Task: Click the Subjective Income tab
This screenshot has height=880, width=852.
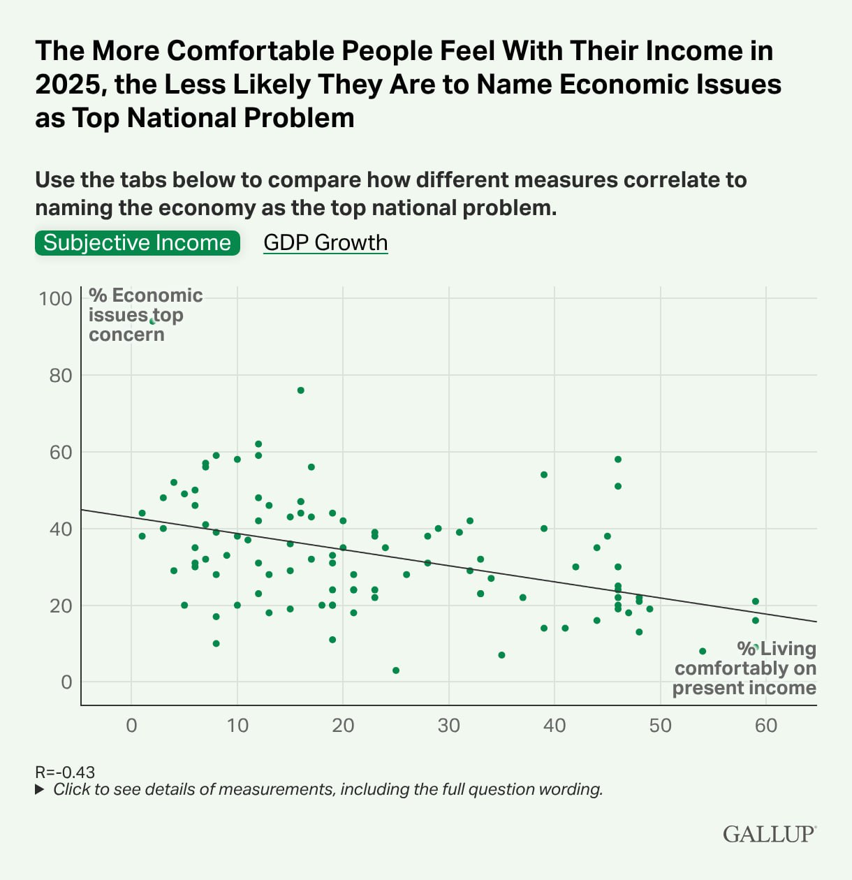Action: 137,243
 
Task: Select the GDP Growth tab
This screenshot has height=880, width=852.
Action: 325,243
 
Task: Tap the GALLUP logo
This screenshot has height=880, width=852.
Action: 769,834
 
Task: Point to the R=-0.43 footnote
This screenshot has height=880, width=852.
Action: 65,772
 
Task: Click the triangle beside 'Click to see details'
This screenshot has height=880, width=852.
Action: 40,790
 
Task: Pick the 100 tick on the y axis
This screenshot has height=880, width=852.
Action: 56,299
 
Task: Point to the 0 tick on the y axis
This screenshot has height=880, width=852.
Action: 66,682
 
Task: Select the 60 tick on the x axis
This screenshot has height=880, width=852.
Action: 766,726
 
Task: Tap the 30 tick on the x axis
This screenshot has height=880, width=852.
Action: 449,726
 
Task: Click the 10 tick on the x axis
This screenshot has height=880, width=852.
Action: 237,726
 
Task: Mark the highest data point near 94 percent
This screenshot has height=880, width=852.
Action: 152,321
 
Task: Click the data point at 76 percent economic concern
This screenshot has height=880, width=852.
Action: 301,390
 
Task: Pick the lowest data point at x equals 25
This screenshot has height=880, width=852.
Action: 396,670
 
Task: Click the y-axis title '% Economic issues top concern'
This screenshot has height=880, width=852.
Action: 145,315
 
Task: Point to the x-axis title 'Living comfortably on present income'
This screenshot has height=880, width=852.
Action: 744,668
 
